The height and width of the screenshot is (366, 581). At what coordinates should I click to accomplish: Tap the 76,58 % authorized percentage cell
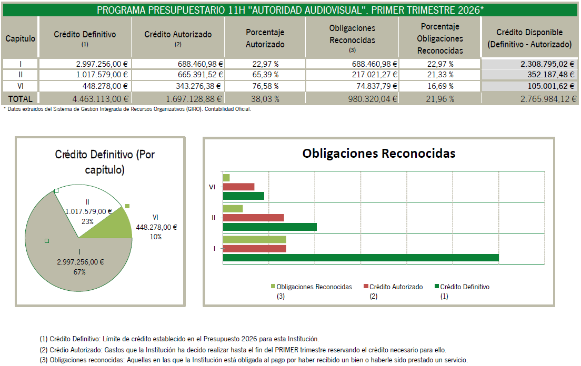[265, 86]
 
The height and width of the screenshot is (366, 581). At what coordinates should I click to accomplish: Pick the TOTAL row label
[21, 99]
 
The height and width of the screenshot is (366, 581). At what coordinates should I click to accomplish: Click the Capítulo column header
[21, 38]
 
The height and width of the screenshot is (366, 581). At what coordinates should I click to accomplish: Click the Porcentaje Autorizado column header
[265, 38]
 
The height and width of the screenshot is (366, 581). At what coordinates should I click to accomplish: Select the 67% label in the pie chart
[79, 272]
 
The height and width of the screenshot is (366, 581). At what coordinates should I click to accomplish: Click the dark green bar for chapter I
[360, 258]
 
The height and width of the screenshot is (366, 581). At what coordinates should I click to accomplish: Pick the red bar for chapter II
[254, 218]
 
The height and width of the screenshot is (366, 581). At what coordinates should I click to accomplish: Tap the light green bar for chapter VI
[226, 178]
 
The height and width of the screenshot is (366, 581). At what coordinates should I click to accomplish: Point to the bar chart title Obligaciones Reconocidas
[379, 154]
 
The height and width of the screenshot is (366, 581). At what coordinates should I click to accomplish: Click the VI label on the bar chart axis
[212, 187]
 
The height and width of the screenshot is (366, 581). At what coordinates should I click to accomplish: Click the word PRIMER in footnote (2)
[286, 350]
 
